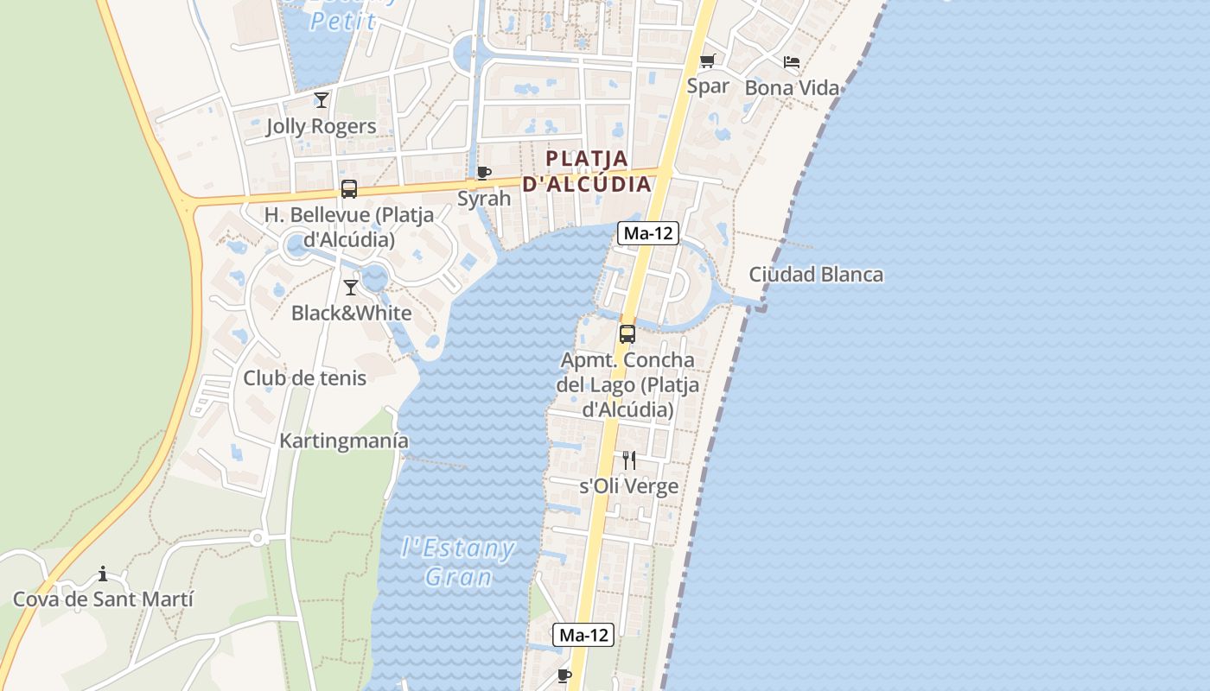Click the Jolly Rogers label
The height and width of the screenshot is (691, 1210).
[321, 126]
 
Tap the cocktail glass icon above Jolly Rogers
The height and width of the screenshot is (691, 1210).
[321, 99]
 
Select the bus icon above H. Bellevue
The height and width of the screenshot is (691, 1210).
[349, 189]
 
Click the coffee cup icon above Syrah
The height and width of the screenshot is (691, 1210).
[484, 173]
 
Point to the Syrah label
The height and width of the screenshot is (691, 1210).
[484, 199]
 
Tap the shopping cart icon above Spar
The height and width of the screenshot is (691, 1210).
[707, 60]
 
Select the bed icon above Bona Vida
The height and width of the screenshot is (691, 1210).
[791, 62]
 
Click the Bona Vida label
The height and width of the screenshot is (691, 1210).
[792, 88]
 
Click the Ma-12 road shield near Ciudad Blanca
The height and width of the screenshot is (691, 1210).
[648, 232]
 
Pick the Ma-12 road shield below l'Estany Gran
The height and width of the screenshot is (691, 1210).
[584, 635]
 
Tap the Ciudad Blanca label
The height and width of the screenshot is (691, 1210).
[816, 275]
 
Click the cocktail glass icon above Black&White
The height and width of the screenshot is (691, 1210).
[351, 287]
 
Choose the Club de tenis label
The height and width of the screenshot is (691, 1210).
[304, 378]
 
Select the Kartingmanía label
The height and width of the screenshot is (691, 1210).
[344, 441]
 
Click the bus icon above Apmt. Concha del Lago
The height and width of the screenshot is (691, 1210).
[627, 333]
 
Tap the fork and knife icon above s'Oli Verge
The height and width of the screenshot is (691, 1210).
[629, 460]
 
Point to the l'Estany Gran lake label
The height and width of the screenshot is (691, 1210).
[459, 562]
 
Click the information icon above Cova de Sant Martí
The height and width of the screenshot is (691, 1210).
[103, 574]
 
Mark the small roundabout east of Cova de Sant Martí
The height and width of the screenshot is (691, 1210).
[257, 537]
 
